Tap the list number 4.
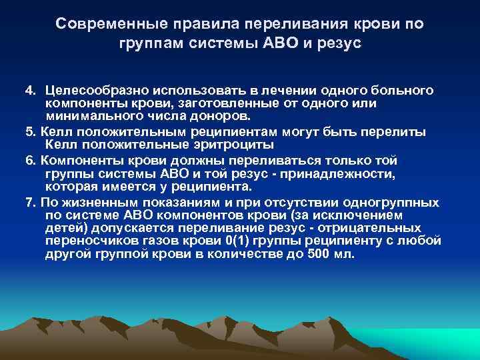click(x=30, y=90)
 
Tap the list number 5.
click(x=30, y=131)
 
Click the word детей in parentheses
click(x=66, y=228)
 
